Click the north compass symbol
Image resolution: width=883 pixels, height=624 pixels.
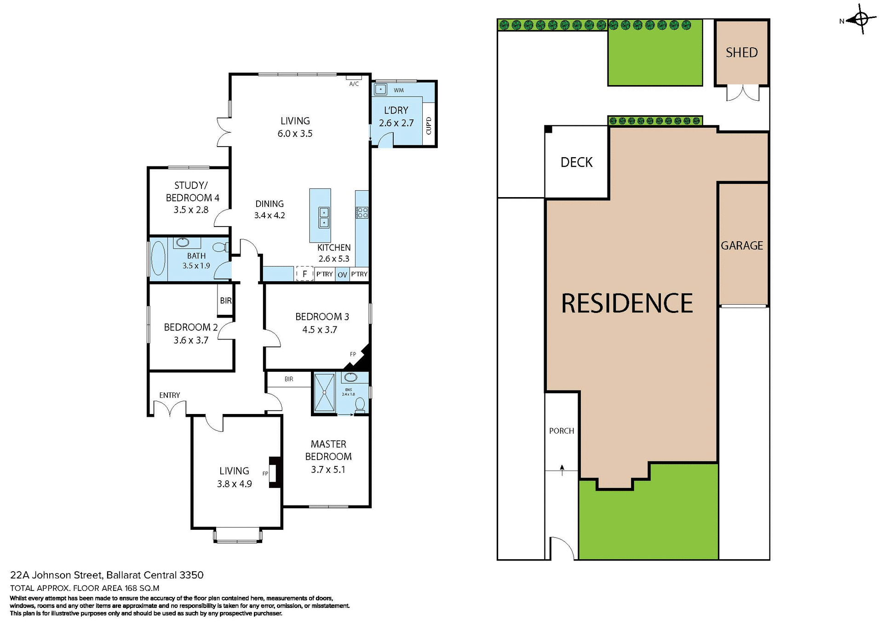(861, 20)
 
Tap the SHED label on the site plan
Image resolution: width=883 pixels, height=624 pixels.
(741, 52)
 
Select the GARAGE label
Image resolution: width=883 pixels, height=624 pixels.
(741, 245)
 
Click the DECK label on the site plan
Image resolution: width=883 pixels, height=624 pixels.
(576, 162)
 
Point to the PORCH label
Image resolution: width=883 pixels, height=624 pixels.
(561, 431)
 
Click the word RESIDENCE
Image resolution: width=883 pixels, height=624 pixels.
(626, 303)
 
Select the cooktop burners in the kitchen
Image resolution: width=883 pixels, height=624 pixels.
(362, 212)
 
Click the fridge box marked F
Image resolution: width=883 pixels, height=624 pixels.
(304, 274)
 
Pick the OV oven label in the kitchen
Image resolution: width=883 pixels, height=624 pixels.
(342, 275)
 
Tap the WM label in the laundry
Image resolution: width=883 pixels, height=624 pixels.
(399, 90)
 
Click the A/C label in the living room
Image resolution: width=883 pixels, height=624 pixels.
(354, 84)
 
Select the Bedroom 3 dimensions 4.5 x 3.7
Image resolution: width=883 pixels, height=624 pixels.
(320, 329)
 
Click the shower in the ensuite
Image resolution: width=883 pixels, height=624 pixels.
(324, 392)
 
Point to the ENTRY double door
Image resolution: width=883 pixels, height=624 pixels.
(170, 408)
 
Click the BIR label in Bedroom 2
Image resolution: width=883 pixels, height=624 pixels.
(225, 301)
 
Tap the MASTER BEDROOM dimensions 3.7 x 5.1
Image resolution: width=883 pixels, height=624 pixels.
(328, 470)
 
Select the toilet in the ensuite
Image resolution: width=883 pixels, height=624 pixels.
(360, 405)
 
